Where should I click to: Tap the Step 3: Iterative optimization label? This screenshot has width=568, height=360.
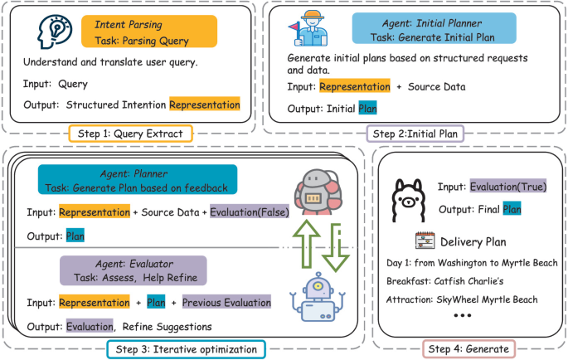(x=186, y=349)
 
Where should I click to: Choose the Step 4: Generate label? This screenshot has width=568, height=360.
(x=469, y=349)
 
